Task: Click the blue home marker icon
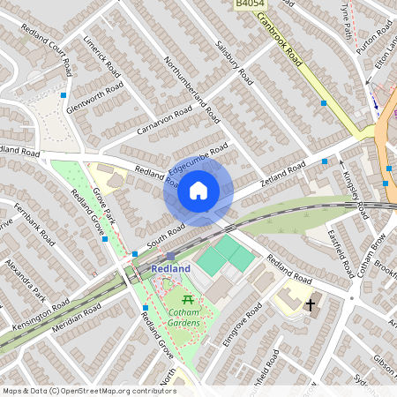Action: point(198,189)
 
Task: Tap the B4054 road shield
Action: point(249,5)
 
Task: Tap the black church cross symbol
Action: point(310,305)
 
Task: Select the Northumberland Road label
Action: point(193,89)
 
